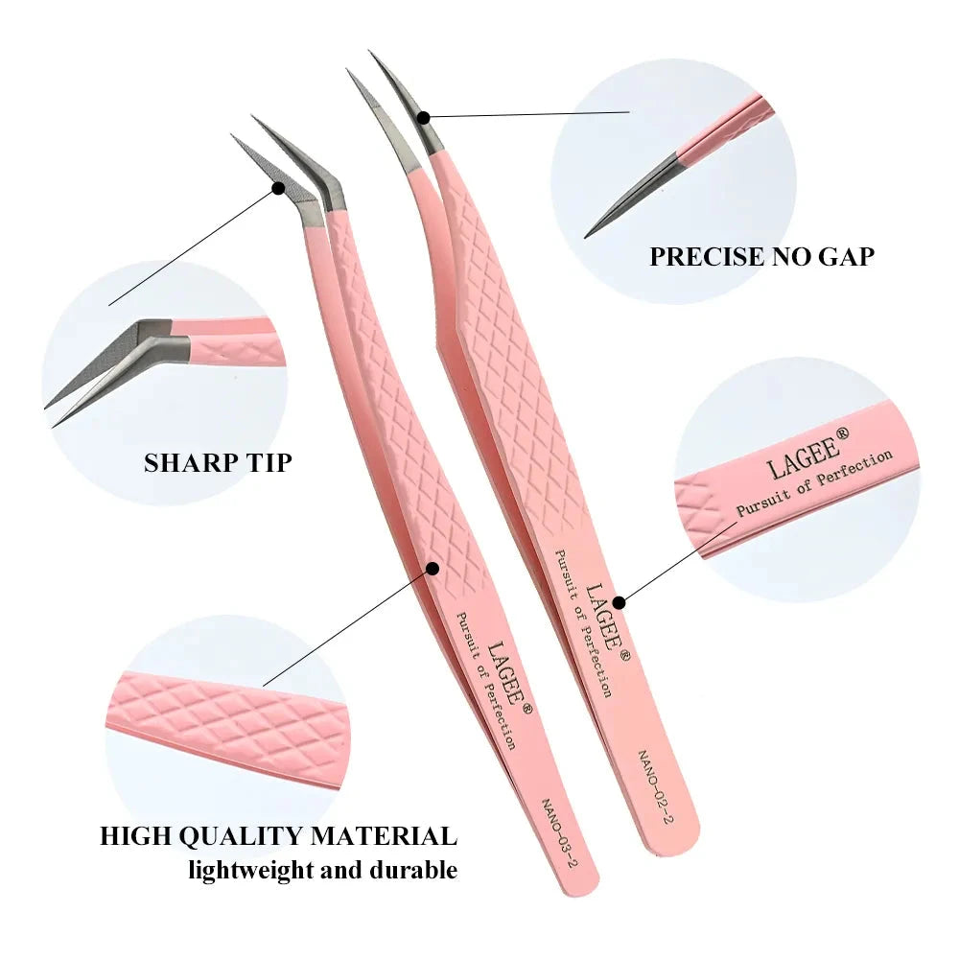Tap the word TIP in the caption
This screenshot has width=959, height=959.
269,463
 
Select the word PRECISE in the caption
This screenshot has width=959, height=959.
706,257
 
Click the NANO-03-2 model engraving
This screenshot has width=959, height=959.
559,832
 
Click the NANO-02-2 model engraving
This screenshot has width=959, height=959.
656,786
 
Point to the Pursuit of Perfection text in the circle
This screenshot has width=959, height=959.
814,483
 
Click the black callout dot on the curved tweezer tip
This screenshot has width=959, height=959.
425,117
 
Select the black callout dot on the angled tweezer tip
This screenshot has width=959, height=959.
278,188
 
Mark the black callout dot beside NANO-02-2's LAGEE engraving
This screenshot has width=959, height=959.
619,602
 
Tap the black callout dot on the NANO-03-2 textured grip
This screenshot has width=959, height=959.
433,569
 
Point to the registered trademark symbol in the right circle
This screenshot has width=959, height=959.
842,434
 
